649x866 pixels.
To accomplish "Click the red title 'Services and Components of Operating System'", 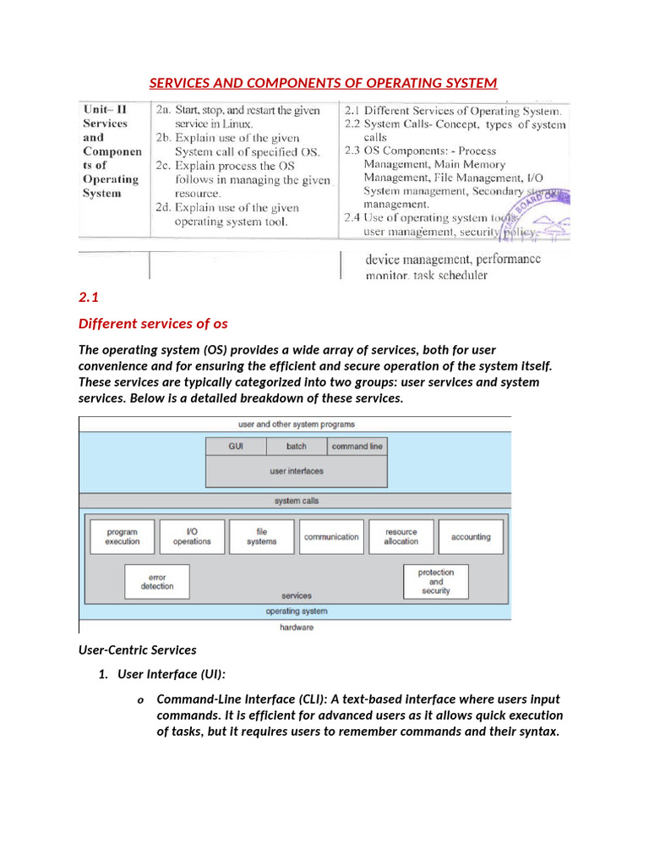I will [x=324, y=83].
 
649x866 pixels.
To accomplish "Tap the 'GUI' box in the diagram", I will [x=236, y=446].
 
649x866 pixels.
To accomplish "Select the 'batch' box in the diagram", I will [x=297, y=446].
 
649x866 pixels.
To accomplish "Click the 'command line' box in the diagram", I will [x=357, y=446].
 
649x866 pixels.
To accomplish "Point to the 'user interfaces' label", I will [x=297, y=471].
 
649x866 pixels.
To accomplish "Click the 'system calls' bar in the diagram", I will [x=295, y=501].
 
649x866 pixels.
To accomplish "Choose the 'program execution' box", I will [x=123, y=537].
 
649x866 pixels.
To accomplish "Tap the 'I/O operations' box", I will [x=192, y=537].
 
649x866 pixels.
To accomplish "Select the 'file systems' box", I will [x=261, y=537].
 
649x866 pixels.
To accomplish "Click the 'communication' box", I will [x=331, y=537].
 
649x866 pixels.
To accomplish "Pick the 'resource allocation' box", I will [x=401, y=537].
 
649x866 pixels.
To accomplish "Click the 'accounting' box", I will [x=470, y=537].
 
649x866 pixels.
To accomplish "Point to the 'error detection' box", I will [x=157, y=582].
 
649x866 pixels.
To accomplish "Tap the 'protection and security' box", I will [x=436, y=582].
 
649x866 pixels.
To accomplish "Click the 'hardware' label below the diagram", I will [x=296, y=628].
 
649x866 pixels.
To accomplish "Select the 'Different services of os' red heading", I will [x=153, y=324].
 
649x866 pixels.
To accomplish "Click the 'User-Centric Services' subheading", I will [x=137, y=650].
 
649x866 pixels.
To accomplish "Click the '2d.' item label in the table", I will [x=163, y=208].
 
